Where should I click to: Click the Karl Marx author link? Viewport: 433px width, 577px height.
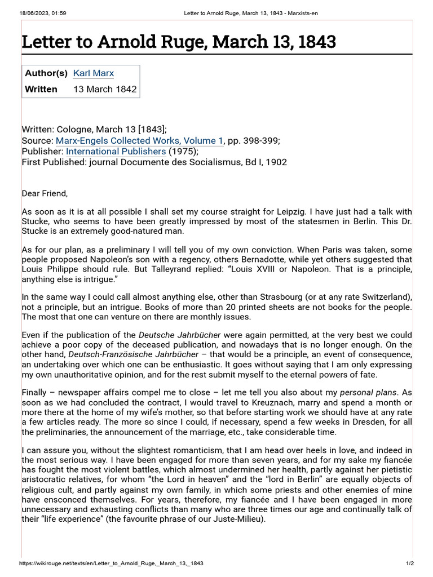pos(94,73)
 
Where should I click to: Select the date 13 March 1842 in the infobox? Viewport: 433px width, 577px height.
pos(105,89)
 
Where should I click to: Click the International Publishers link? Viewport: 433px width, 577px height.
pos(116,151)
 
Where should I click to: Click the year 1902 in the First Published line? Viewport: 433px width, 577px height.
pos(277,162)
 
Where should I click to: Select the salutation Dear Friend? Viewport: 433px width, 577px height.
pos(45,193)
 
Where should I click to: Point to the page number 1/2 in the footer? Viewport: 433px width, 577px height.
pos(410,563)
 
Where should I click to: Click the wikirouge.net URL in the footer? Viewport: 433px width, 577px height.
pos(111,563)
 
